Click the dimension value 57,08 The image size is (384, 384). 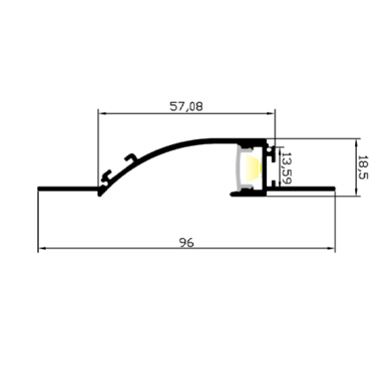coord(186,107)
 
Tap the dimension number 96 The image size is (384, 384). coord(186,242)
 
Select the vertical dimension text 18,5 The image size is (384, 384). coord(362,166)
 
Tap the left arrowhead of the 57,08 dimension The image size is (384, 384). coord(103,114)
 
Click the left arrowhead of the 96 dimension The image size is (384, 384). coord(42,249)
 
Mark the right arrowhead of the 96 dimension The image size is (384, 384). coord(331,249)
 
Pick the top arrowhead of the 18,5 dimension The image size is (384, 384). coord(356,142)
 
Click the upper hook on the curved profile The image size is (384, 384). coord(130,159)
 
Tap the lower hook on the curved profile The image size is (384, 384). coord(107,175)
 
